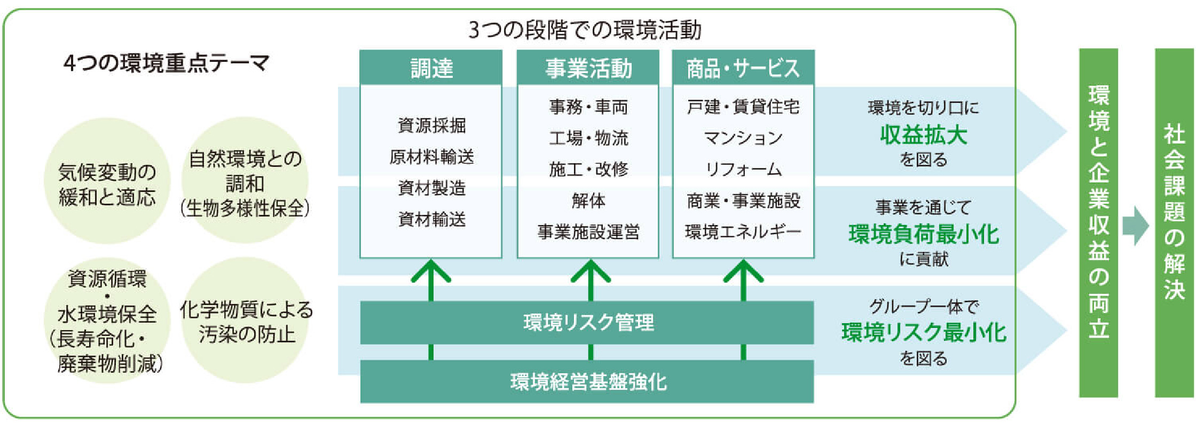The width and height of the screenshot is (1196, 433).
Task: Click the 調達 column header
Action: click(x=431, y=68)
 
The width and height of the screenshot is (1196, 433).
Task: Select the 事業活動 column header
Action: click(x=588, y=68)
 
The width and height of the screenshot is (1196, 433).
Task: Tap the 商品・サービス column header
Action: click(x=743, y=68)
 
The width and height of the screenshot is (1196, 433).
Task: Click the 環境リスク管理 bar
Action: click(x=587, y=323)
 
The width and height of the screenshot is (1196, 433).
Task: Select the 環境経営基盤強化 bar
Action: click(x=587, y=382)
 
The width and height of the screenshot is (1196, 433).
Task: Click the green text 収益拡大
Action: click(x=923, y=135)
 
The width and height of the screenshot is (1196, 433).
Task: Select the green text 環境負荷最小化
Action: click(x=923, y=234)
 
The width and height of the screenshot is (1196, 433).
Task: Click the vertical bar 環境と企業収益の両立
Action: click(x=1098, y=223)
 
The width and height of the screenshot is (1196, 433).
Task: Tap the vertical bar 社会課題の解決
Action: click(x=1174, y=223)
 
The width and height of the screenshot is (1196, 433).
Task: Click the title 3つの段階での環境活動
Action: click(x=585, y=30)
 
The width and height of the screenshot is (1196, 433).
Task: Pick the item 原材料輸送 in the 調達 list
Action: click(x=431, y=157)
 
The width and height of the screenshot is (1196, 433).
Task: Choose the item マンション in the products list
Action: click(x=743, y=138)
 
